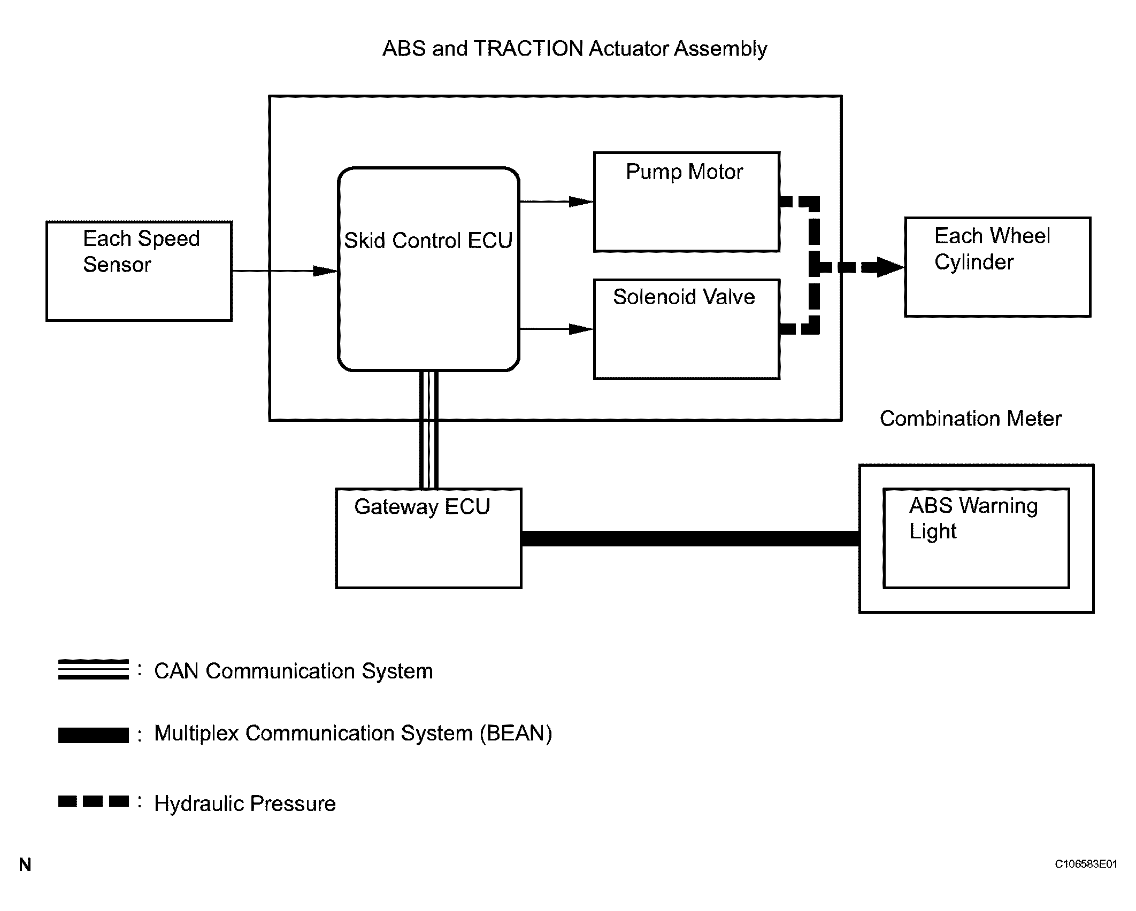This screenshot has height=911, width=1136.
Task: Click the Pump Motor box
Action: click(686, 202)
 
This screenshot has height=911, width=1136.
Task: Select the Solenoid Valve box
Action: click(686, 329)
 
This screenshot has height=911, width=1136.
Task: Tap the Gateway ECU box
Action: click(428, 538)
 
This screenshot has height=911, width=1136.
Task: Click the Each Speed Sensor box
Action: click(139, 271)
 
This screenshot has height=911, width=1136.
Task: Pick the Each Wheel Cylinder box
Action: click(997, 267)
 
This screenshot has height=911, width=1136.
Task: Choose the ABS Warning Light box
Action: click(976, 538)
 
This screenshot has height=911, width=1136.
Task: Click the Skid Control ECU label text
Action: click(428, 241)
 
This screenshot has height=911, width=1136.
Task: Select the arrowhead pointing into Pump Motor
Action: click(581, 202)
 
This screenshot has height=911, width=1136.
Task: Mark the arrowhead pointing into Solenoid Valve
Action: click(581, 329)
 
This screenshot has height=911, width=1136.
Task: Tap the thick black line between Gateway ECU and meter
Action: click(690, 538)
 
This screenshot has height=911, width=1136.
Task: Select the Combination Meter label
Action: click(970, 419)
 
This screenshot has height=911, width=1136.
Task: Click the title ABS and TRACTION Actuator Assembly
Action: click(574, 49)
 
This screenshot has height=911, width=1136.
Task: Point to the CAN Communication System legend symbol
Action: click(94, 669)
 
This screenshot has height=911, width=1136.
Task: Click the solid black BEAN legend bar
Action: click(94, 735)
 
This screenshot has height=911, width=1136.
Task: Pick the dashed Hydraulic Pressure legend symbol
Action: click(94, 801)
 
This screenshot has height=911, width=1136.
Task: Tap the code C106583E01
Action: click(1085, 879)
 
